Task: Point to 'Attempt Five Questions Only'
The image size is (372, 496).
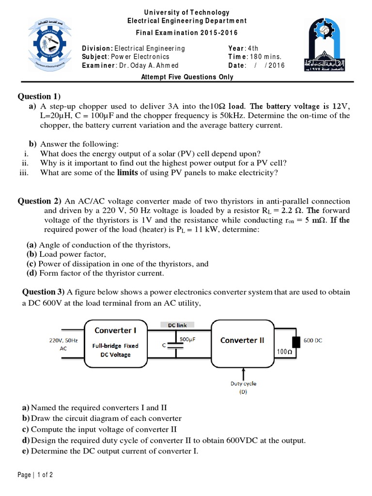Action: coord(187,77)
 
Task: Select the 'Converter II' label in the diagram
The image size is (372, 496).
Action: coord(242,340)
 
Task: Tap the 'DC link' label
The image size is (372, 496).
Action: coord(177,325)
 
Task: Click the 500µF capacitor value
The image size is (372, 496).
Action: coord(187,340)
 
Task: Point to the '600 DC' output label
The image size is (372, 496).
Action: coord(313,341)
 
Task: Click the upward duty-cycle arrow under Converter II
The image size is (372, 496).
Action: coord(243,372)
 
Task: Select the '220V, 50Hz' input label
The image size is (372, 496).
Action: coord(62,341)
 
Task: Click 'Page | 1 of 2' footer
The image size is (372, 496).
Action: coord(35,475)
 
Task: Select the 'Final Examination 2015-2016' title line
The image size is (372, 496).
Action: coord(187,32)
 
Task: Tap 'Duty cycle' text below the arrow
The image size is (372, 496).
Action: coord(244,384)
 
